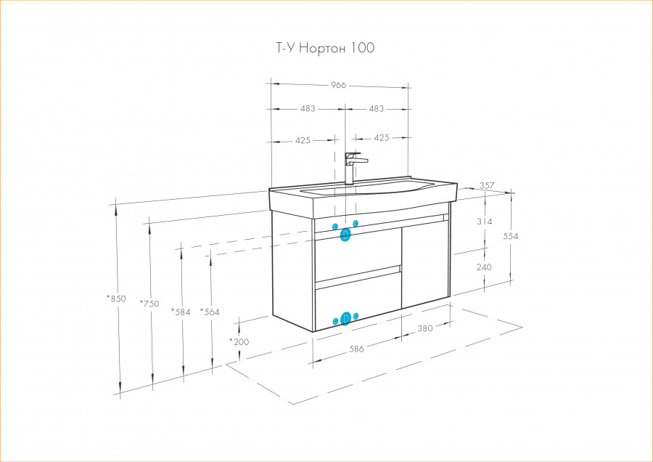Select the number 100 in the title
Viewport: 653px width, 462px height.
point(362,49)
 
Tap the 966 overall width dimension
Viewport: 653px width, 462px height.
point(338,85)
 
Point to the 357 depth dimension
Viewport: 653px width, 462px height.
point(488,186)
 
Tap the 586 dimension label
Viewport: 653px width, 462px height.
point(356,349)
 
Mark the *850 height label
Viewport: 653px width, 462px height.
point(116,299)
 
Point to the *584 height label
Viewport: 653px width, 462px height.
point(180,312)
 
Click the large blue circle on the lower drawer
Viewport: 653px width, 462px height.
point(345,317)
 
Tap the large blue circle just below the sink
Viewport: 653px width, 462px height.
point(345,234)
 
